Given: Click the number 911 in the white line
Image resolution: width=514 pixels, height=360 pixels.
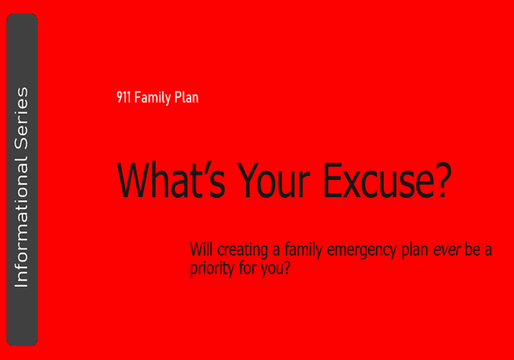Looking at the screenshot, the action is click(124, 97).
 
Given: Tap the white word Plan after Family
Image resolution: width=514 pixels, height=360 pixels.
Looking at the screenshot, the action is click(187, 97).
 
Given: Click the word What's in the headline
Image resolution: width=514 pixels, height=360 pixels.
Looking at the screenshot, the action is click(171, 180).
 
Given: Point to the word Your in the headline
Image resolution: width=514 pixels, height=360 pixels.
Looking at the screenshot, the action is click(274, 180).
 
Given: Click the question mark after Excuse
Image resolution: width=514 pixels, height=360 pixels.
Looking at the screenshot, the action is click(442, 180).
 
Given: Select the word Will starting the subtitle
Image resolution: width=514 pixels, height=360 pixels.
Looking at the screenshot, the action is click(201, 249).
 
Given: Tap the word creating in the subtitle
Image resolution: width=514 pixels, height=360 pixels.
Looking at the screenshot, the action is click(243, 251).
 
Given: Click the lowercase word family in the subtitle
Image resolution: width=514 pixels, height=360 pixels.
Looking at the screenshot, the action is click(304, 251).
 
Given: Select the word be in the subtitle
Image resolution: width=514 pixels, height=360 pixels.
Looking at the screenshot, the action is click(472, 249).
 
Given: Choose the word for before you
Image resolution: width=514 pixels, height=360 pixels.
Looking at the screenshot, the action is click(248, 267).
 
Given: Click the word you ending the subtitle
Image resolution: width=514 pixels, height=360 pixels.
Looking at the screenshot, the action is click(271, 270).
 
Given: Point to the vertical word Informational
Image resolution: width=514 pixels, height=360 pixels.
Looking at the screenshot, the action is click(22, 222).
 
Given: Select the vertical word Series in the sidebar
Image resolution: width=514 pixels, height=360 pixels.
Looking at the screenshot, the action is click(22, 118).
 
